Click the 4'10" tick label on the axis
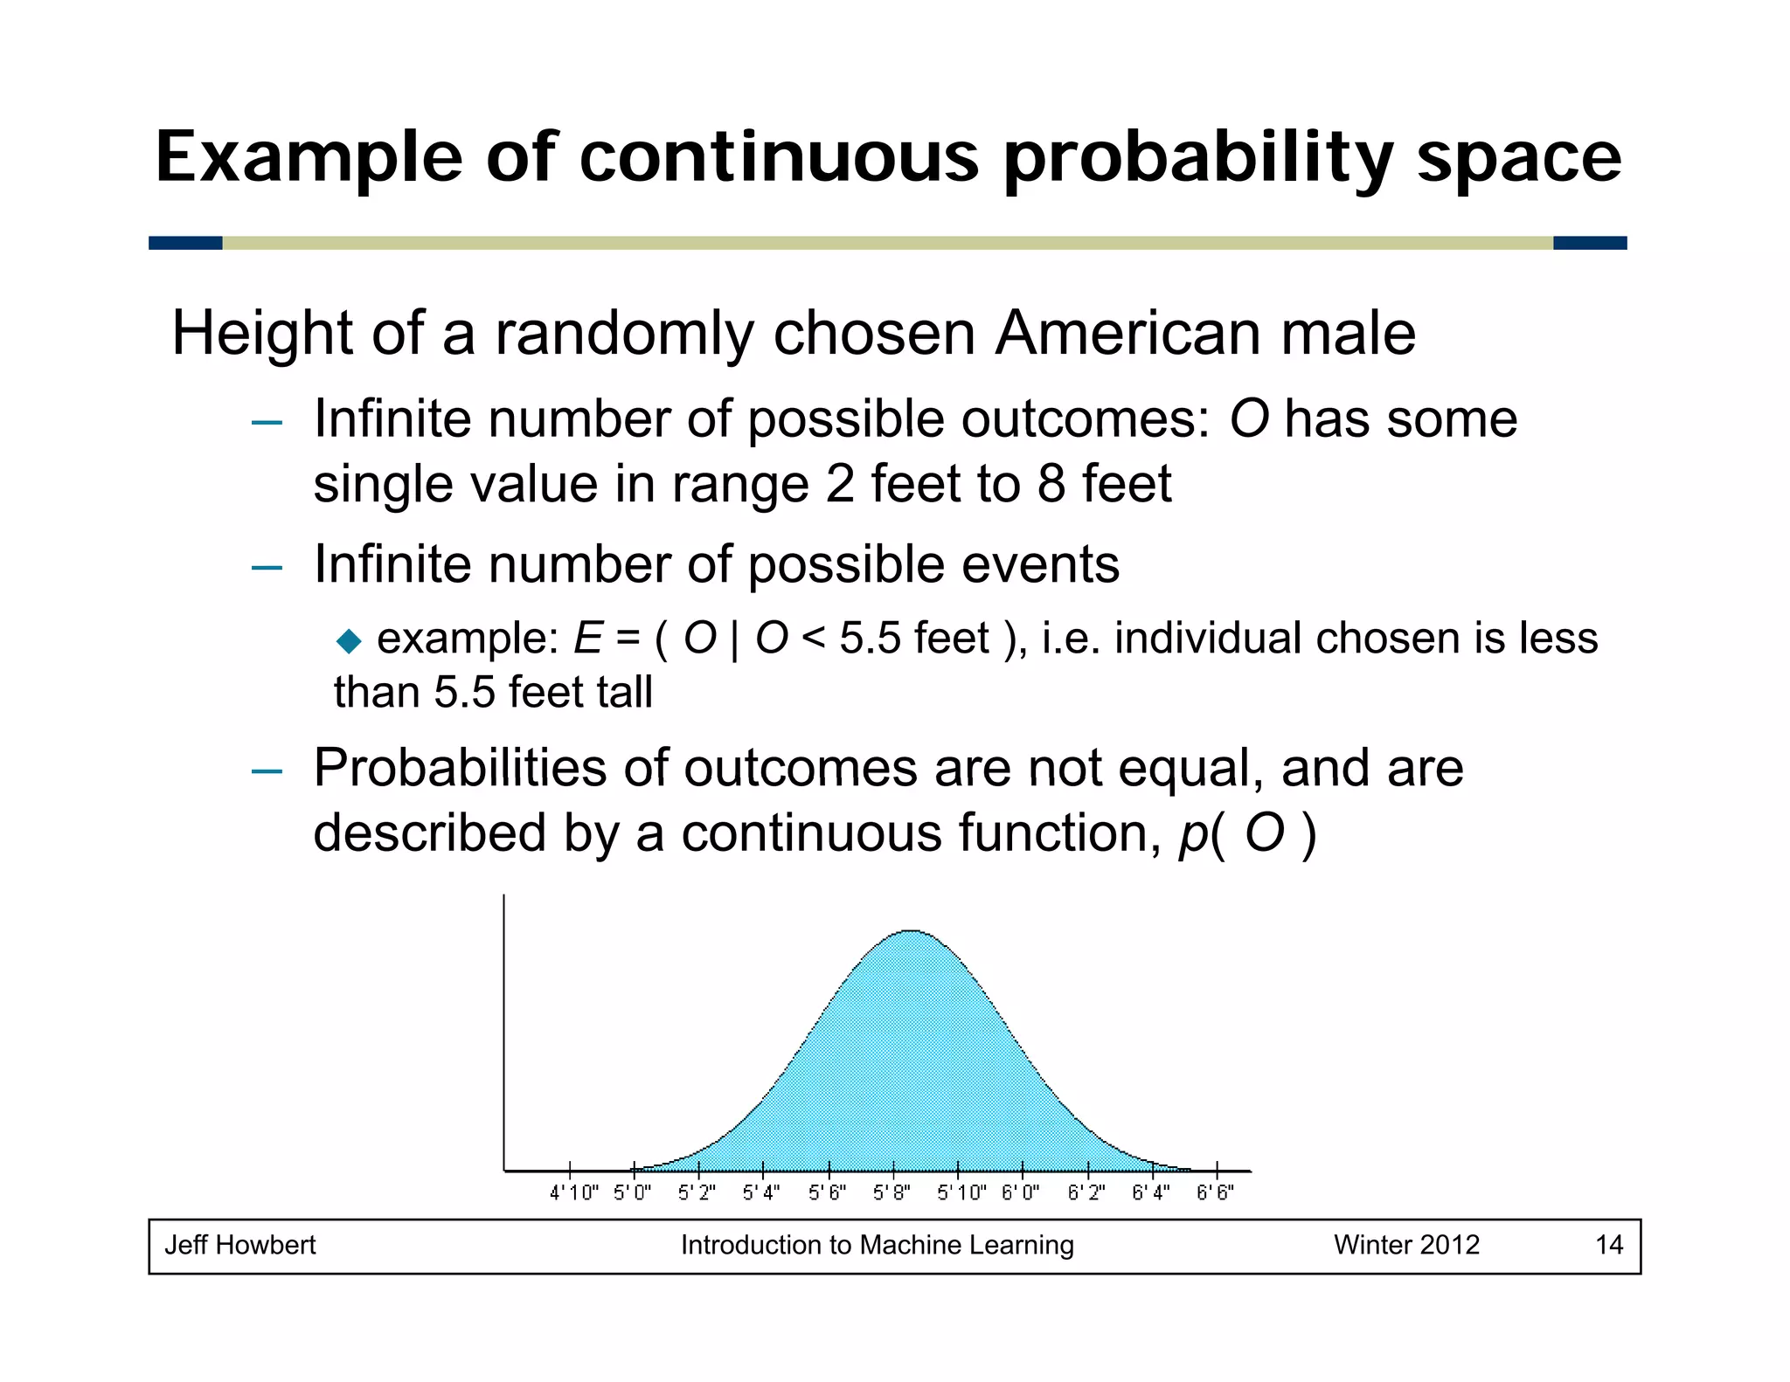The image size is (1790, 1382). [x=573, y=1192]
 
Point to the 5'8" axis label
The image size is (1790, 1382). [x=892, y=1192]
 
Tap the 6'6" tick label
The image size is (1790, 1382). [x=1215, y=1192]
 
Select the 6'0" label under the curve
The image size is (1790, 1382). [x=1020, y=1192]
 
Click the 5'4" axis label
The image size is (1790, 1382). [x=761, y=1192]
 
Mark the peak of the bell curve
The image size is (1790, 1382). [x=912, y=931]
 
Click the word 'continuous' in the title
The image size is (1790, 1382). [x=779, y=158]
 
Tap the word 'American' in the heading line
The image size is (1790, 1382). [x=1127, y=334]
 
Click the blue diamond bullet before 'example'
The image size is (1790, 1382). [x=349, y=642]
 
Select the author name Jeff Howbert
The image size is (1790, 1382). [x=240, y=1245]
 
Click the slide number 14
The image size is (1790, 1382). [x=1609, y=1245]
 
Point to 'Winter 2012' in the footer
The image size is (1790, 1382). [x=1406, y=1245]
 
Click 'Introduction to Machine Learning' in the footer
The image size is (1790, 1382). [x=877, y=1245]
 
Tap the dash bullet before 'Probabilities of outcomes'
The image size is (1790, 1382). [x=267, y=771]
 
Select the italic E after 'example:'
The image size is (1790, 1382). [x=587, y=639]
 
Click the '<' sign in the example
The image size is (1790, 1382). [x=813, y=639]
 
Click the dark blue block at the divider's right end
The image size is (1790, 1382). [x=1589, y=243]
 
